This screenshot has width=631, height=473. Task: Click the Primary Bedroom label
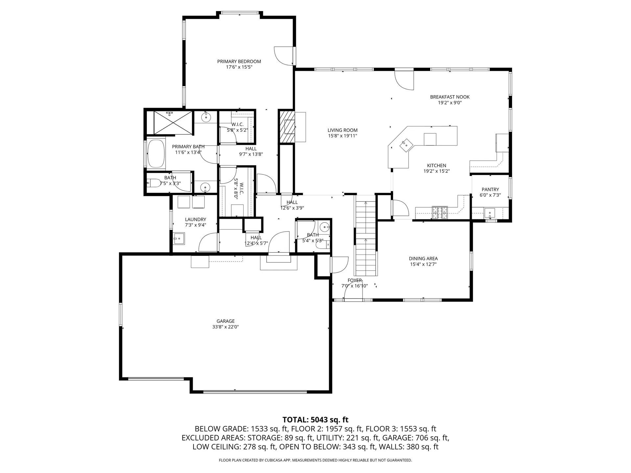239,61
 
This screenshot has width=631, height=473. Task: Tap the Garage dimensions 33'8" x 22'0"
225,327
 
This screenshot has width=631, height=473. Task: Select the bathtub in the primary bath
156,154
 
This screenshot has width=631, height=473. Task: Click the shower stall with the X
173,123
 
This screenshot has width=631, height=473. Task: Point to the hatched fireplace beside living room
286,126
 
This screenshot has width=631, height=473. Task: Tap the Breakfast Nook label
450,97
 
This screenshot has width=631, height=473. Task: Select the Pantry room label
490,190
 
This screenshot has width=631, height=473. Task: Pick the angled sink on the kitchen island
406,145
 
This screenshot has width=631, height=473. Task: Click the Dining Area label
423,259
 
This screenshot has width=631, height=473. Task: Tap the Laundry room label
195,219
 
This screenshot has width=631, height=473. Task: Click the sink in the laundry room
179,239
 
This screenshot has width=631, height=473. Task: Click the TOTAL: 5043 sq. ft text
315,419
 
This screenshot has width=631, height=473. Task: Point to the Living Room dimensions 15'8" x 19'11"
342,136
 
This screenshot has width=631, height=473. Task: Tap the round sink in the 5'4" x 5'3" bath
324,227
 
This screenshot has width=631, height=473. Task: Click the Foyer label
355,280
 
